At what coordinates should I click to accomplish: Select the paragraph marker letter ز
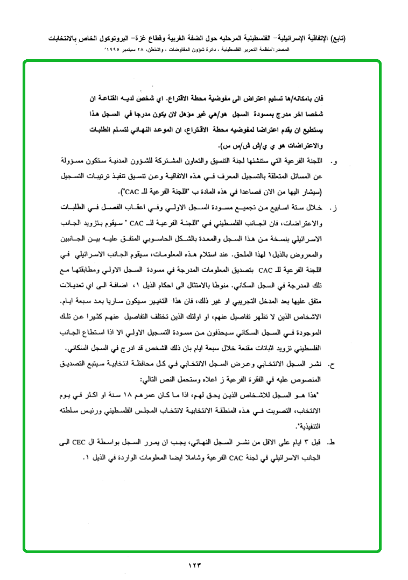pos(337,207)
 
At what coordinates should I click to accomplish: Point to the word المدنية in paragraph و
pos(142,160)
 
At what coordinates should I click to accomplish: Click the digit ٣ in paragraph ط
pos(312,443)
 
